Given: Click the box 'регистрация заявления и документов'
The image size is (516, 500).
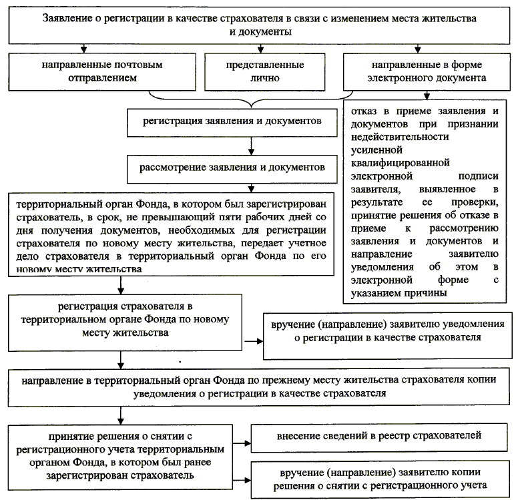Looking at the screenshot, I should click(x=233, y=123).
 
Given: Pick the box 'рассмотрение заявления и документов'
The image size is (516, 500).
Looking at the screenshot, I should click(x=233, y=166).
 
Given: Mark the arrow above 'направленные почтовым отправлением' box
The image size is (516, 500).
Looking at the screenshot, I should click(x=84, y=49).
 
